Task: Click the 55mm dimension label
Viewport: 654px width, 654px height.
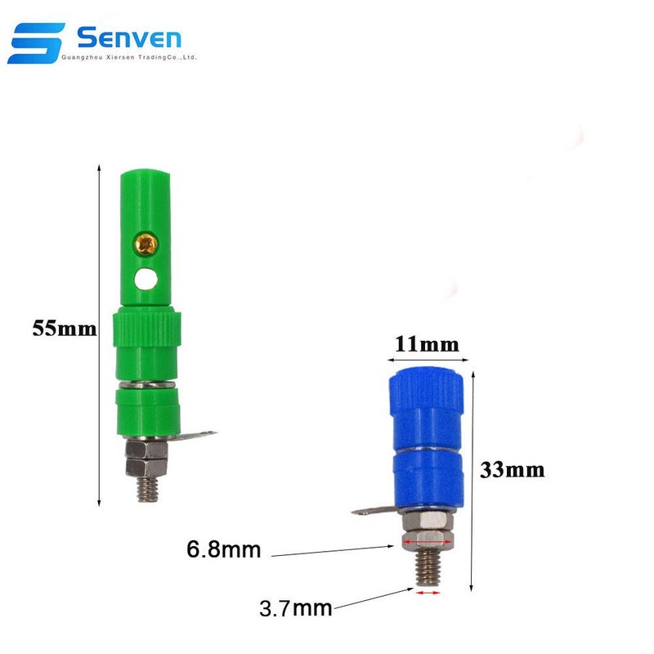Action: (58, 329)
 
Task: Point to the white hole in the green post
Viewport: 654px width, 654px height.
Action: (148, 279)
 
